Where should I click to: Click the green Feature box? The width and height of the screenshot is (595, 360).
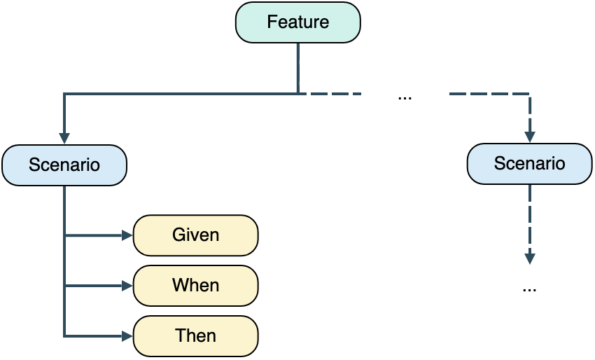click(297, 22)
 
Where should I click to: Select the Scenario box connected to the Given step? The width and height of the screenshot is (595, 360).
click(64, 165)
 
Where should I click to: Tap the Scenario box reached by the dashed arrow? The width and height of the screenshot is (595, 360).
click(529, 164)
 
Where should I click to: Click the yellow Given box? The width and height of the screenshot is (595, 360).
click(195, 235)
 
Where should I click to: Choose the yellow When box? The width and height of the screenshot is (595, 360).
click(195, 286)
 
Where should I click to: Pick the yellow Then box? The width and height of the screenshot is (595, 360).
click(195, 335)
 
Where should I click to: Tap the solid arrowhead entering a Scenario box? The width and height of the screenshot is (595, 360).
click(64, 139)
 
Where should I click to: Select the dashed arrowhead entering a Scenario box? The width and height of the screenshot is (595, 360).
click(530, 137)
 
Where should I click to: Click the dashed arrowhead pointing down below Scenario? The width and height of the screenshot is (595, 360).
click(530, 258)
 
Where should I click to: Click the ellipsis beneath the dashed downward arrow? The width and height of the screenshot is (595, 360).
click(529, 288)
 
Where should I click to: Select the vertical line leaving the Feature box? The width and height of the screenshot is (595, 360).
click(298, 67)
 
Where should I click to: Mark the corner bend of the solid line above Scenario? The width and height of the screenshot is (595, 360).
click(64, 93)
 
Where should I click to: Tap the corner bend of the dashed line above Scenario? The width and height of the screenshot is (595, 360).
click(530, 93)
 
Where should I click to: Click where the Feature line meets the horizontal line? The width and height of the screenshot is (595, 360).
click(298, 93)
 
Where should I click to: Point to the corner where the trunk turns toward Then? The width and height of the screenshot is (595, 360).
click(64, 336)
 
